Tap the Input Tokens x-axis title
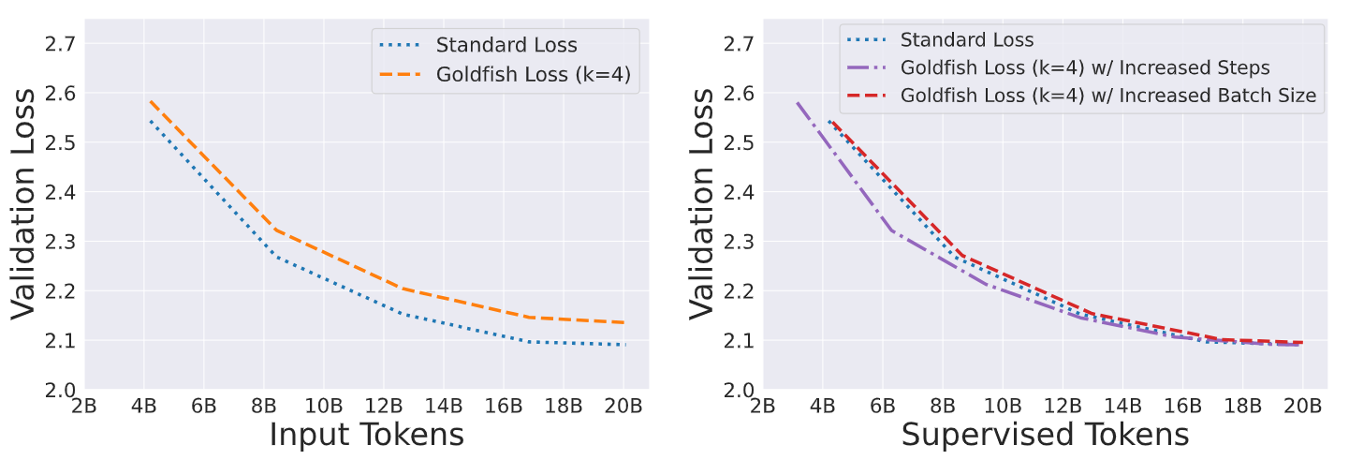[366, 435]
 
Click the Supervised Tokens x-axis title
[1045, 435]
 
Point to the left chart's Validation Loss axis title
[25, 203]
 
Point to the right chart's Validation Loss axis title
[704, 203]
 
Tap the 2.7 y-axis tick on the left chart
[61, 44]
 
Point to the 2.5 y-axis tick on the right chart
[740, 143]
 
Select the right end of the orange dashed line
[624, 322]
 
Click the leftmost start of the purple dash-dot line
[797, 102]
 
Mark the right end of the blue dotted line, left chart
[624, 345]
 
